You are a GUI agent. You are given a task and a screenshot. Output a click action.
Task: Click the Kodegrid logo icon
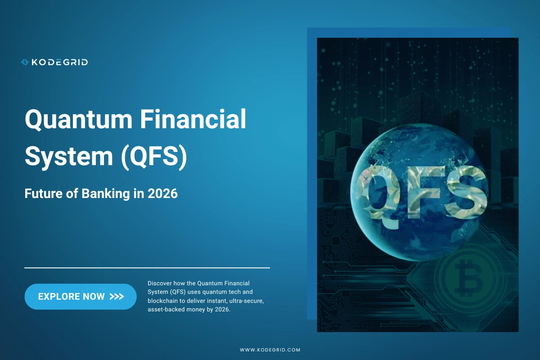[25, 62]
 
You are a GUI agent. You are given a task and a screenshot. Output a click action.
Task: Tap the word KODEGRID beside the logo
[59, 62]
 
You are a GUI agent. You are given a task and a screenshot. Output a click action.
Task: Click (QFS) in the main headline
[153, 157]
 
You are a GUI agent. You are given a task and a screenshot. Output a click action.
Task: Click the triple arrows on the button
[117, 297]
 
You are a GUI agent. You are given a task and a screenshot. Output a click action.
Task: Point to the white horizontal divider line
[147, 268]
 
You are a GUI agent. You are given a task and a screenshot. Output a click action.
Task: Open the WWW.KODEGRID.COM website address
[270, 350]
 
